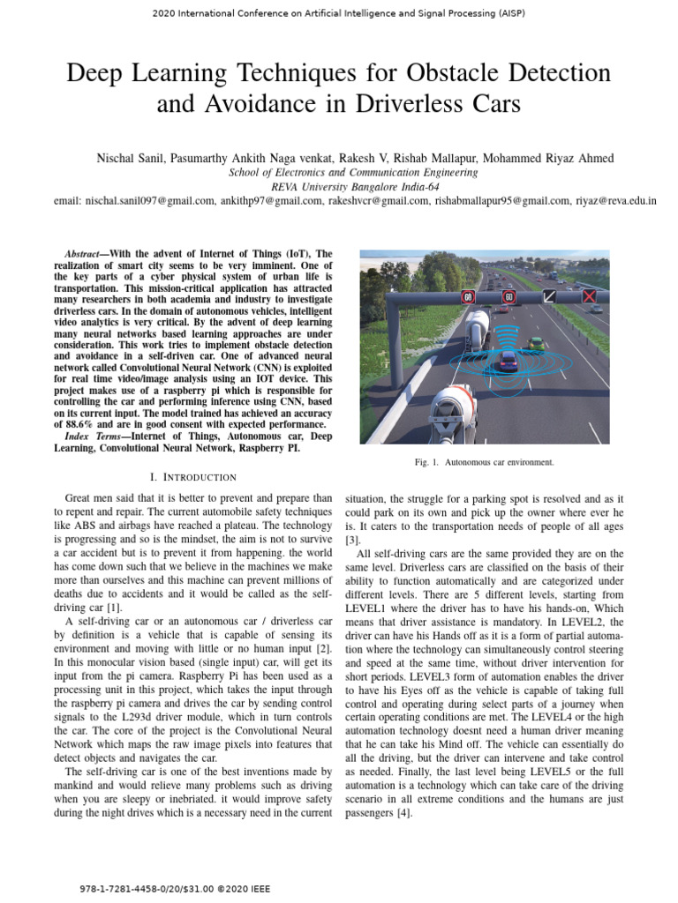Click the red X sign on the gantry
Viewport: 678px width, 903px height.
[590, 297]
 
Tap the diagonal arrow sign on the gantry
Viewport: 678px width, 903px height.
[549, 297]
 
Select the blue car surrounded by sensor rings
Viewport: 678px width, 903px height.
[508, 360]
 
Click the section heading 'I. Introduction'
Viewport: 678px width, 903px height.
[192, 477]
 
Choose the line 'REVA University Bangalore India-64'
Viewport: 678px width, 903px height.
[338, 187]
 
